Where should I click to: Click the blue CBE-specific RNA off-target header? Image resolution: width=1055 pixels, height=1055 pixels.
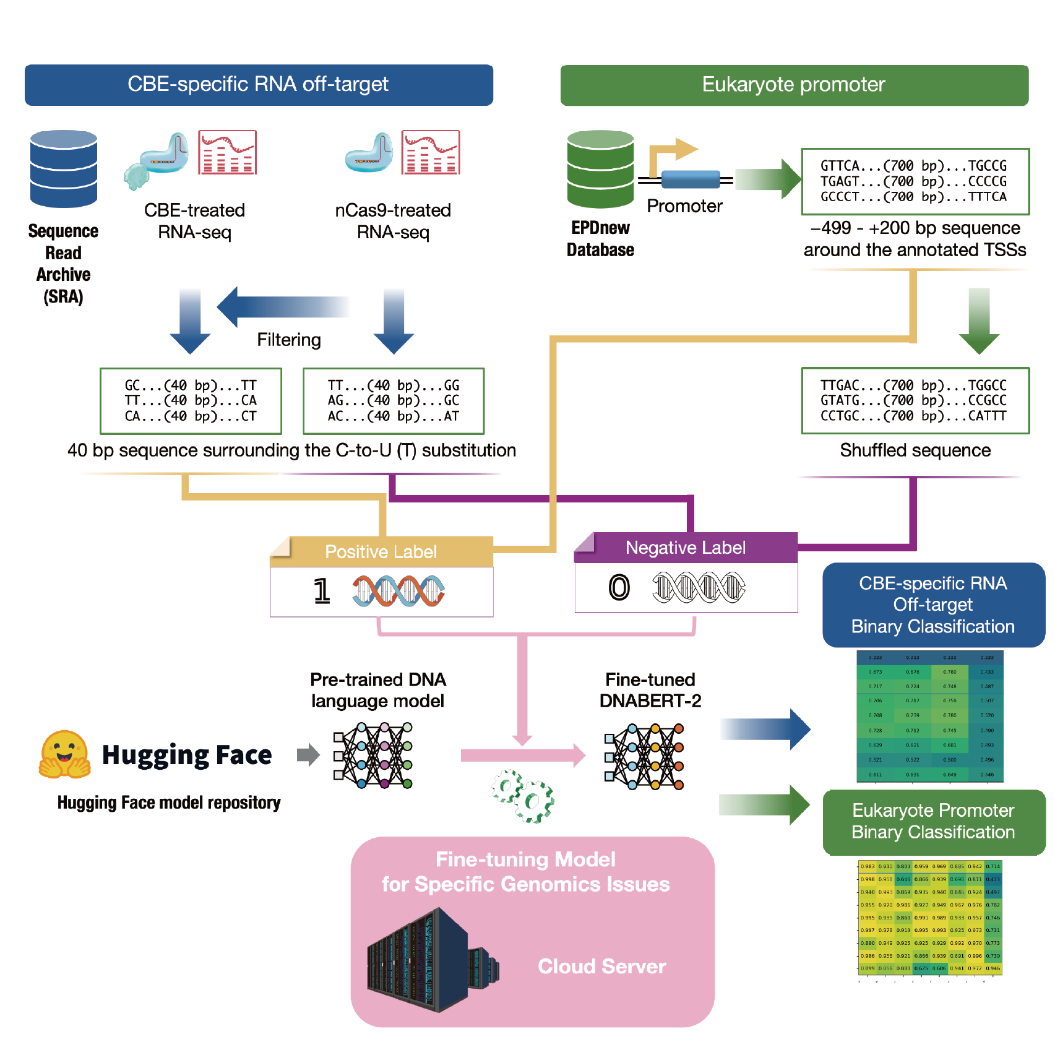click(259, 85)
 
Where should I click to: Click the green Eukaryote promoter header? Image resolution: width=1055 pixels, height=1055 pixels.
click(794, 85)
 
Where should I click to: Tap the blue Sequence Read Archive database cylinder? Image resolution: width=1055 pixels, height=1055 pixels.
click(64, 168)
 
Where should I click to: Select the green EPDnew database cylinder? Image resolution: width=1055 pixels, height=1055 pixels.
click(600, 168)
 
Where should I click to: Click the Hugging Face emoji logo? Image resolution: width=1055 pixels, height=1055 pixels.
click(64, 754)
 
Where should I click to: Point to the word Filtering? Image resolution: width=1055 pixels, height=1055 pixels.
click(289, 340)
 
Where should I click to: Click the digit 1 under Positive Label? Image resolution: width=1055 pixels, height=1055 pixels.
click(321, 591)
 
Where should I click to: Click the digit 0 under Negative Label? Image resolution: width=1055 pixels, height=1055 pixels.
click(619, 587)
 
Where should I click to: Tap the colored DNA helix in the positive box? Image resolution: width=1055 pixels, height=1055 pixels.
click(398, 591)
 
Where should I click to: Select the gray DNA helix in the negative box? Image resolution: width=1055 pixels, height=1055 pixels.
click(699, 587)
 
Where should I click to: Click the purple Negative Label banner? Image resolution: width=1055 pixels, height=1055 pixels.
click(686, 548)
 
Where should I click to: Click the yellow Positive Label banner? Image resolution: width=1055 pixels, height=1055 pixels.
click(381, 551)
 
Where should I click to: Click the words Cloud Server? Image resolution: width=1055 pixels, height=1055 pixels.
click(601, 967)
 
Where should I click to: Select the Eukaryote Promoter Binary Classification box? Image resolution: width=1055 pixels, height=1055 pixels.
click(933, 822)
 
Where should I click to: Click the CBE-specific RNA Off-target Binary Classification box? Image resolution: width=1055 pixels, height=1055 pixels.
click(933, 605)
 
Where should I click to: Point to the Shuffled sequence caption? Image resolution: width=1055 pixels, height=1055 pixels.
click(915, 450)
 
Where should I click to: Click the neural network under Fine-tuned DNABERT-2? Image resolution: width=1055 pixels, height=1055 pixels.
click(644, 756)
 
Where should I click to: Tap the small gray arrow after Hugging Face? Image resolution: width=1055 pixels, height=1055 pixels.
click(308, 755)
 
